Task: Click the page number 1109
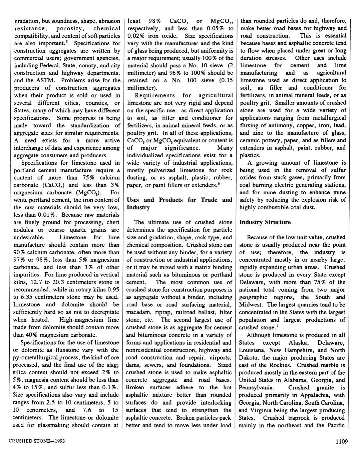342,442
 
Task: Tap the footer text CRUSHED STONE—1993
37,441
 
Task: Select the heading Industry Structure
265,222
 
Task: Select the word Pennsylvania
256,388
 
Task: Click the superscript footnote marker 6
219,184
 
